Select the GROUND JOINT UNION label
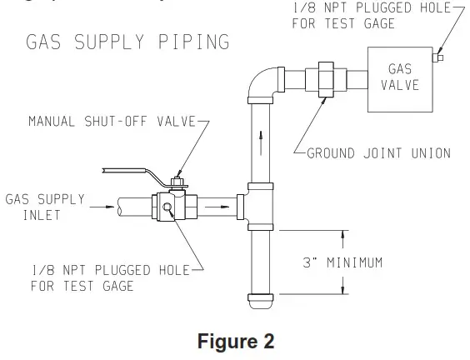(379, 152)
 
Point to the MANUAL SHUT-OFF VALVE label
(110, 122)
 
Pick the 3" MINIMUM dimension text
(342, 262)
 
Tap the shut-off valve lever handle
(133, 172)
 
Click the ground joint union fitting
(320, 81)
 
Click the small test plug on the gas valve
(439, 57)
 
